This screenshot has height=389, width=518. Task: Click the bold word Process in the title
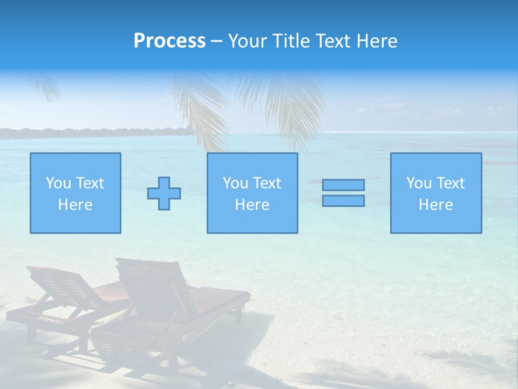coord(169,41)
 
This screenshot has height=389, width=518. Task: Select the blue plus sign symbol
coord(164,193)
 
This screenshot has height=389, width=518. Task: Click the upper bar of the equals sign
coord(343,185)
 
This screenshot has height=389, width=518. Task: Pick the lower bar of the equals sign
coord(343,200)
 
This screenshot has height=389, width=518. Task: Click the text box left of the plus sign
coord(76,193)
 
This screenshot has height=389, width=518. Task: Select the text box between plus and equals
coord(252,193)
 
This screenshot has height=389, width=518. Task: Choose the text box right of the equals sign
coord(436,193)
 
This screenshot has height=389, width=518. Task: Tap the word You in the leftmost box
coord(58,183)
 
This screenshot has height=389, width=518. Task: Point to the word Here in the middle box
coord(252,205)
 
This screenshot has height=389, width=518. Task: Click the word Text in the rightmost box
coord(449,183)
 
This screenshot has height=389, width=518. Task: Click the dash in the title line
coord(217,41)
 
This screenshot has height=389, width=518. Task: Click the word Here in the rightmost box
coord(436,205)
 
